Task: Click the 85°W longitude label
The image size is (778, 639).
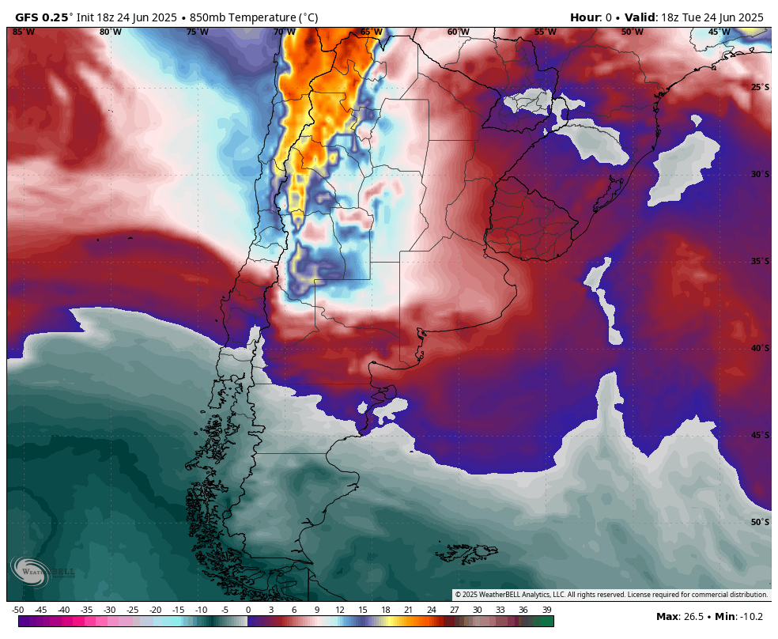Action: coord(24,32)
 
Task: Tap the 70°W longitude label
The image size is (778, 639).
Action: coord(284,32)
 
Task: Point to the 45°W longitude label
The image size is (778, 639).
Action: coord(719,32)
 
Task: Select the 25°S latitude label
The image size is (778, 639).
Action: coord(759,87)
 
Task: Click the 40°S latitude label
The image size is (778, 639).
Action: coord(759,348)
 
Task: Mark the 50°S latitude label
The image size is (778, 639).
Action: coord(759,522)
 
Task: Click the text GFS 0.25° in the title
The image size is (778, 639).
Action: coord(44,17)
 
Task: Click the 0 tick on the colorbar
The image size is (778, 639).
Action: coord(248,610)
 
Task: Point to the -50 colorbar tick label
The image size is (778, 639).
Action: coord(18,610)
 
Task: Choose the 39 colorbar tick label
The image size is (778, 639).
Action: coord(546,610)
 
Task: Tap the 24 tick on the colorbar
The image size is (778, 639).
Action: coord(432,610)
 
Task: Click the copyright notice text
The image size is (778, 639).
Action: coord(611,595)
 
